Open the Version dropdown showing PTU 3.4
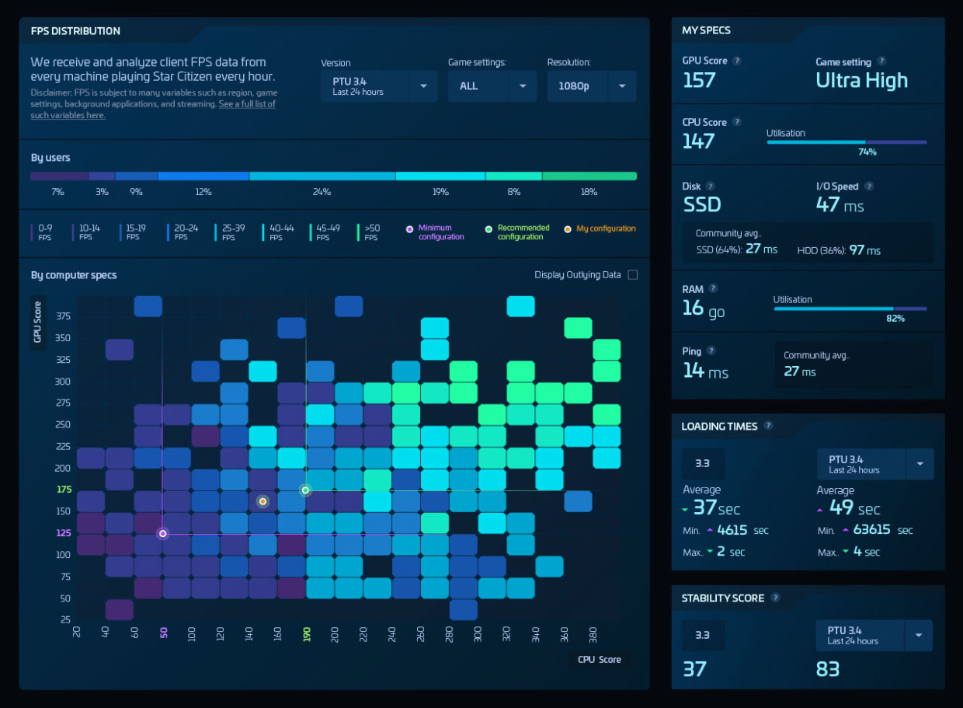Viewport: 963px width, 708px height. pos(379,86)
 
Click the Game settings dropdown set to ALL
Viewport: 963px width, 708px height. pos(492,86)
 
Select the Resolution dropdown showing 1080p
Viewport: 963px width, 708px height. pos(591,86)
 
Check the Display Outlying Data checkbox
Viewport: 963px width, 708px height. pos(632,275)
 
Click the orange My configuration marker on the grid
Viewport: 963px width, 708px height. pos(262,501)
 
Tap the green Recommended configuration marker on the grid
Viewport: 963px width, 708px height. pos(305,490)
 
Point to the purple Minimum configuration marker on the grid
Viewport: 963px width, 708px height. pos(162,533)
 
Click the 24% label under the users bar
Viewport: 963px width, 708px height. pos(322,192)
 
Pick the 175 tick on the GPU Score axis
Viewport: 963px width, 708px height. pos(64,489)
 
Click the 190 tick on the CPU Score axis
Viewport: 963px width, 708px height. pos(307,634)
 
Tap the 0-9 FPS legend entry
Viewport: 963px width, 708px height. pos(41,232)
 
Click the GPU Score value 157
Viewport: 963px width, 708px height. pos(699,80)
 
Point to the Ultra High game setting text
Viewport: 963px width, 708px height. pos(861,80)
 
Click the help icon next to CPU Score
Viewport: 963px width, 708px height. pos(737,122)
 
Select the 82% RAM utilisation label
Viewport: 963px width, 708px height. pos(895,319)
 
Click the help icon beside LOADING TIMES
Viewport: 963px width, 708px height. pos(768,425)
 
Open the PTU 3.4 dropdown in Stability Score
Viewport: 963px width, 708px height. pos(874,635)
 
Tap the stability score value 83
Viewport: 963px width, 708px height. pos(828,669)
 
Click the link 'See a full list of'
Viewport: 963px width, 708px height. pos(247,104)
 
